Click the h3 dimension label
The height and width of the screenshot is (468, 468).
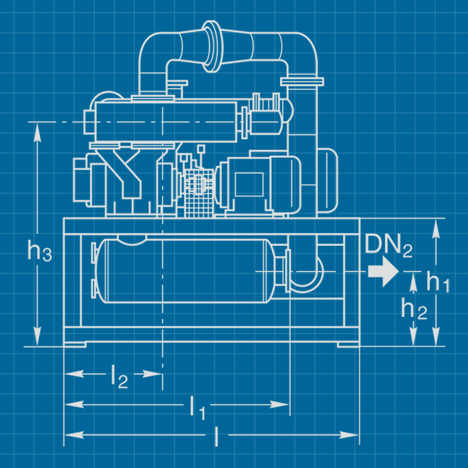pos(39,251)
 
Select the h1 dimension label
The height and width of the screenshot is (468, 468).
pos(438,282)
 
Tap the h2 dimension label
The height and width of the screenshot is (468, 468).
pos(414,308)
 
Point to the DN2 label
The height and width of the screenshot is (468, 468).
pos(388,245)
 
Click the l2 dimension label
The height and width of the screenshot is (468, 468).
pos(119,378)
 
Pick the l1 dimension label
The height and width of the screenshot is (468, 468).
pos(197,406)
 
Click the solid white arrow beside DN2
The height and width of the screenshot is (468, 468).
pos(382,271)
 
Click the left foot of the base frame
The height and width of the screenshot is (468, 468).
pos(75,345)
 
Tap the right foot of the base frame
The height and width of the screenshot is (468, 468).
pos(348,345)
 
